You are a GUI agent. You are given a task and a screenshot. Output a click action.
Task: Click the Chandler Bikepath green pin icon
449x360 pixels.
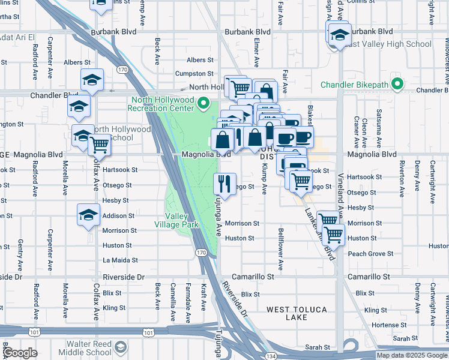click(396, 84)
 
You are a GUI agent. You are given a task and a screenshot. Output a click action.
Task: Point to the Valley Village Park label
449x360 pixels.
click(182, 220)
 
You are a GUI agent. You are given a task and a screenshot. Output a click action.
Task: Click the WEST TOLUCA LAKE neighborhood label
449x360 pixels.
click(297, 313)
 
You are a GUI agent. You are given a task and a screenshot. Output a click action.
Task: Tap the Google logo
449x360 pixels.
click(20, 353)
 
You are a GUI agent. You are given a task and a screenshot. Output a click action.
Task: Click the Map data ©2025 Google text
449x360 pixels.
click(412, 355)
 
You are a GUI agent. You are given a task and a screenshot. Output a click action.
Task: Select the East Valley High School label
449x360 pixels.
click(388, 44)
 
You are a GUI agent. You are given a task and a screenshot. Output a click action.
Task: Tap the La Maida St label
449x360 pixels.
click(120, 260)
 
